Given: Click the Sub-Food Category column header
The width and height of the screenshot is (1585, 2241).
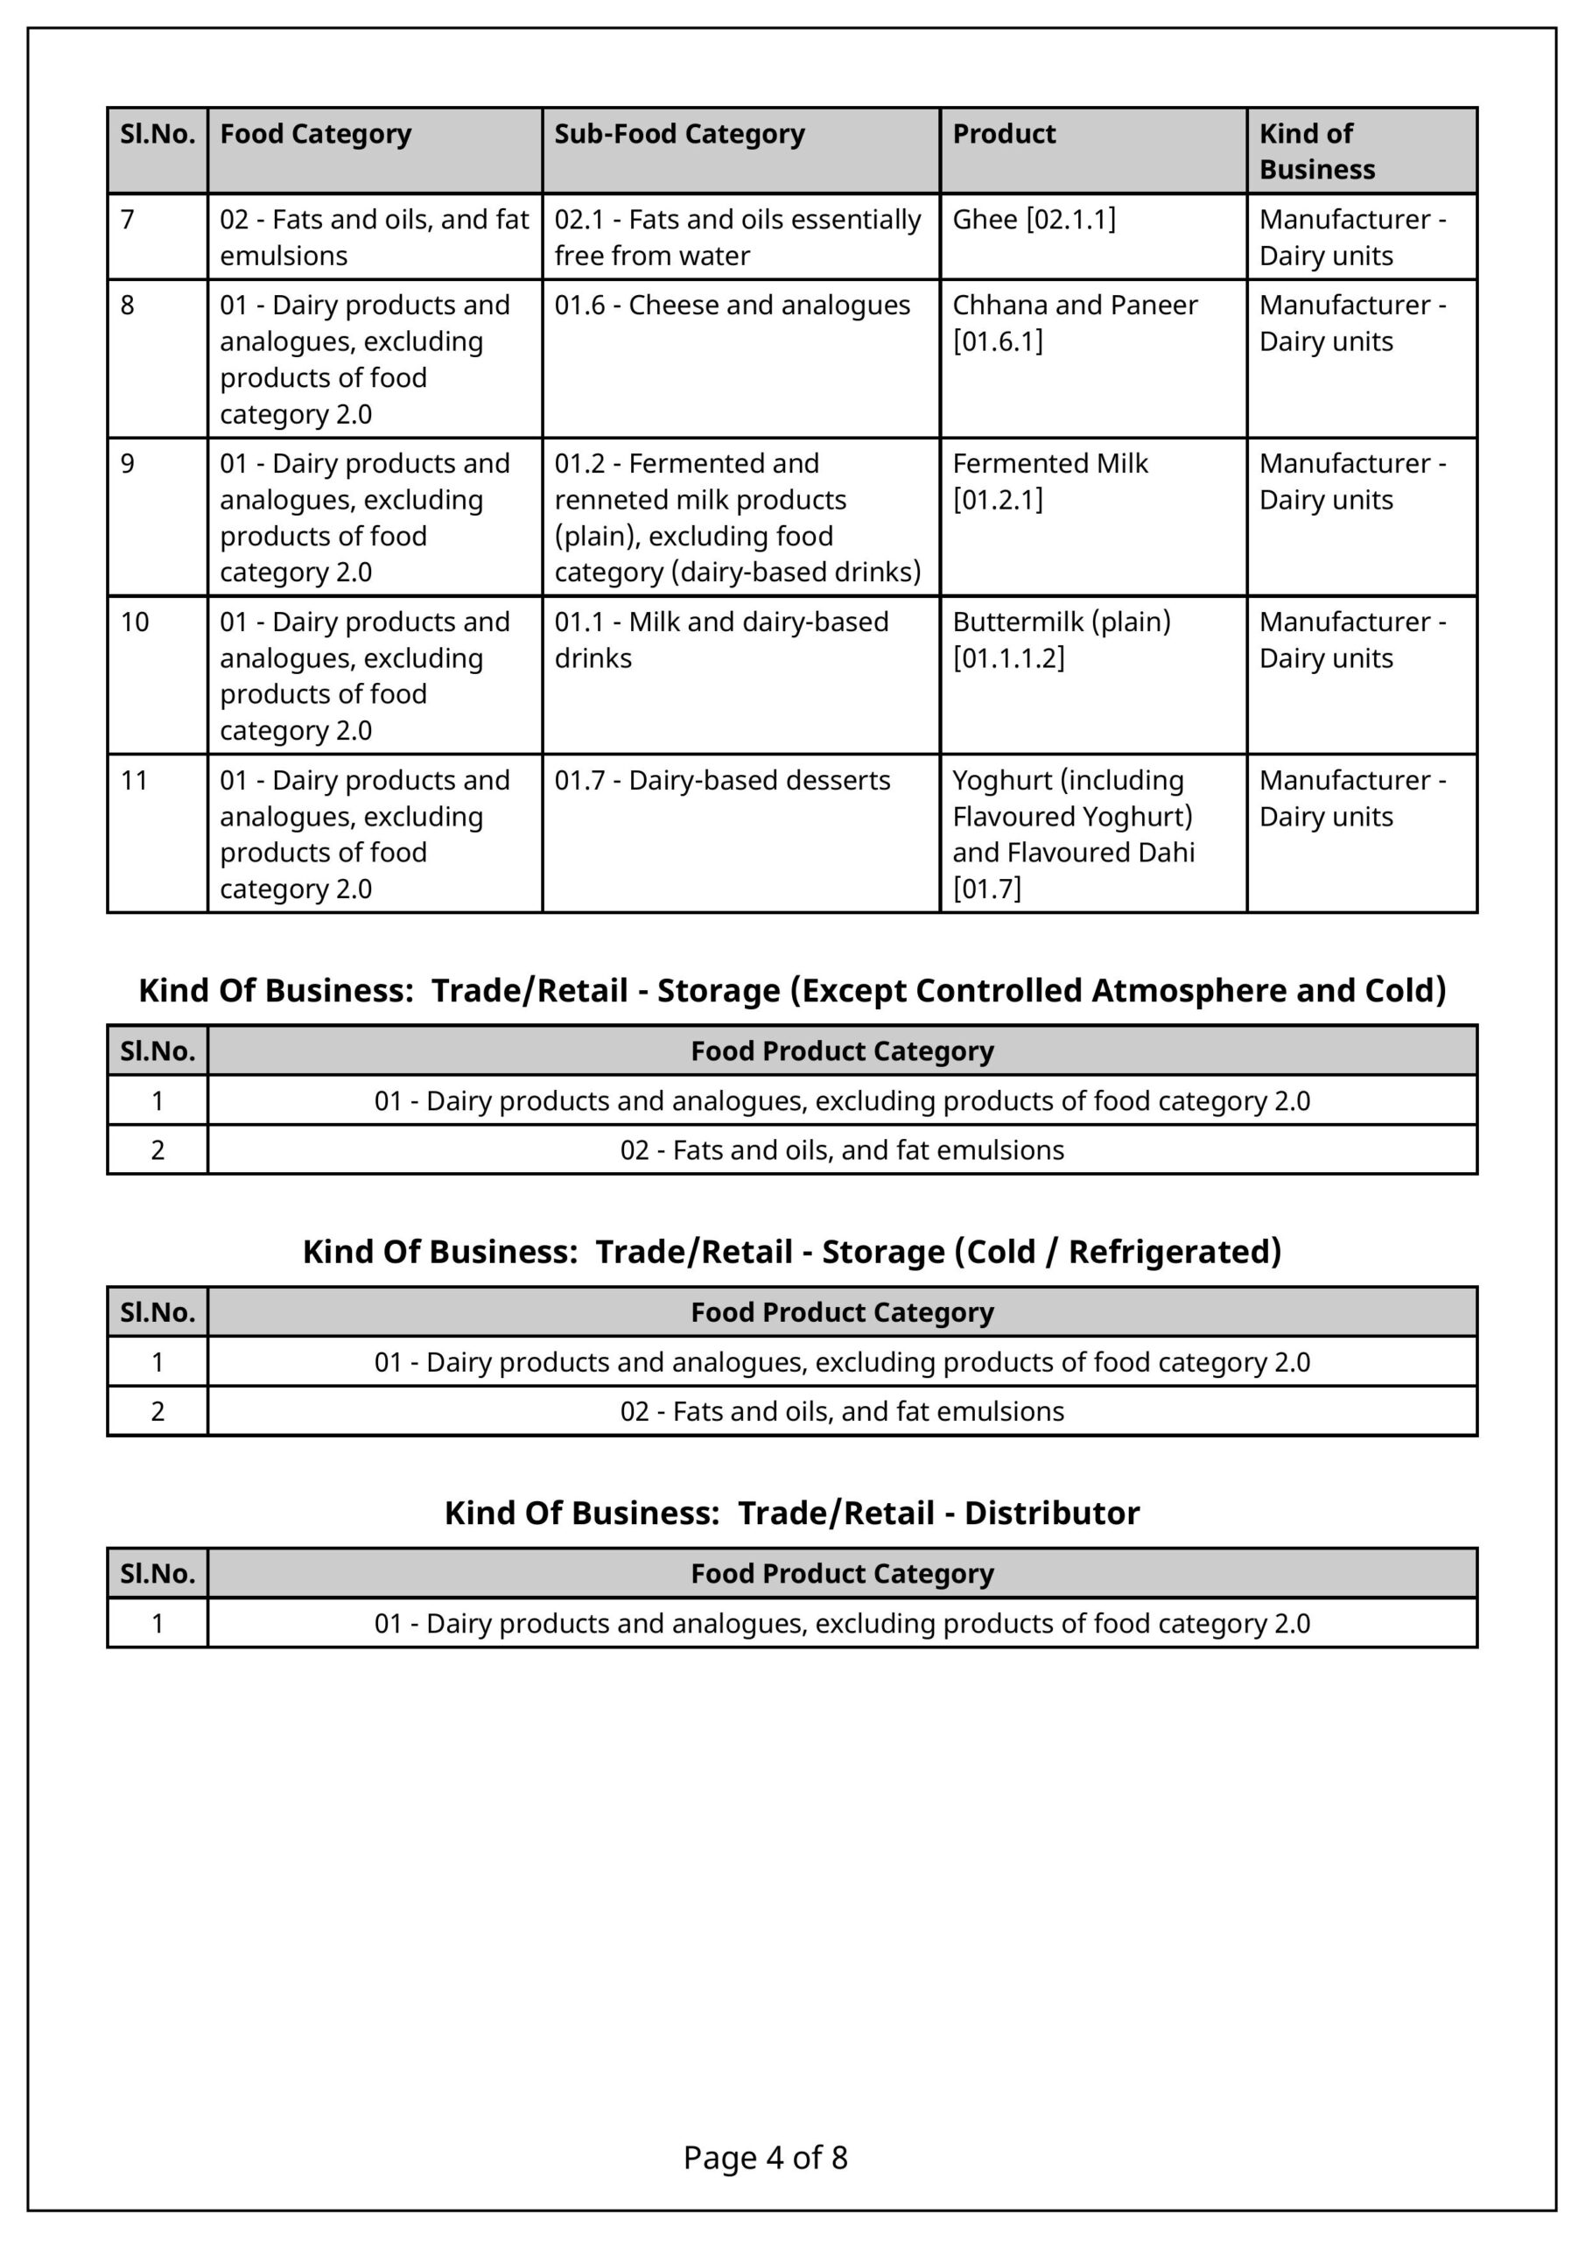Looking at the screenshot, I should tap(679, 134).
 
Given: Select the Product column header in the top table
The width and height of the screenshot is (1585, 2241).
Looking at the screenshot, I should tap(1003, 134).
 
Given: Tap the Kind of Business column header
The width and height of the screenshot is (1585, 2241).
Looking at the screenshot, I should tap(1316, 151).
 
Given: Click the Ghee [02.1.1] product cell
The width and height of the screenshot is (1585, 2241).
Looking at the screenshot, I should tap(1034, 220).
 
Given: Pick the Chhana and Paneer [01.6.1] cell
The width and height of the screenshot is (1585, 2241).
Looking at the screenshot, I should tap(1075, 323).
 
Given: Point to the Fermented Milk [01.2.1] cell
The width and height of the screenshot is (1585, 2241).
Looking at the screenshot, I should tap(1050, 481).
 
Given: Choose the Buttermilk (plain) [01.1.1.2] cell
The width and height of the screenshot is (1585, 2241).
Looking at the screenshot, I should tap(1061, 639).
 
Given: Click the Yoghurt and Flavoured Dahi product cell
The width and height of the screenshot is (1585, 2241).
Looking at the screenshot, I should tap(1073, 833).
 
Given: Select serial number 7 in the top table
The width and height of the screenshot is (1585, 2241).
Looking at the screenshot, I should tap(128, 220).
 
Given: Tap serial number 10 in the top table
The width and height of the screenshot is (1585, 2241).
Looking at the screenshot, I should tap(135, 622).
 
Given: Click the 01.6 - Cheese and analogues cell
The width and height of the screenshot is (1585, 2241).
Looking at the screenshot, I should tap(732, 306).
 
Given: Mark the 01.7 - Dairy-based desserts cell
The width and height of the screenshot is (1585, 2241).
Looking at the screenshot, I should tap(722, 780).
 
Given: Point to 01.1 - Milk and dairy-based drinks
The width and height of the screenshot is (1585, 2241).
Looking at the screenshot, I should tap(721, 639).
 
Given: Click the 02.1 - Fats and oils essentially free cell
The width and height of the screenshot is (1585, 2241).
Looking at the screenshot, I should tap(737, 237).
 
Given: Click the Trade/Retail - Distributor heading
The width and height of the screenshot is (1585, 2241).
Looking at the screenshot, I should tap(791, 1512).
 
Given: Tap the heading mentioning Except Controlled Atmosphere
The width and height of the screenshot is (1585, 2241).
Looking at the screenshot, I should tap(791, 990).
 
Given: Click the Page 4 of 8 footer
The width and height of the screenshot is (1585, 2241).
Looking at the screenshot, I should tap(765, 2157).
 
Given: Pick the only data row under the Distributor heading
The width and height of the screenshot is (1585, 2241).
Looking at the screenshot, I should tap(841, 1623).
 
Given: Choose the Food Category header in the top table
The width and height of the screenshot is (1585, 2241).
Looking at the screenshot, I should tap(315, 134).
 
